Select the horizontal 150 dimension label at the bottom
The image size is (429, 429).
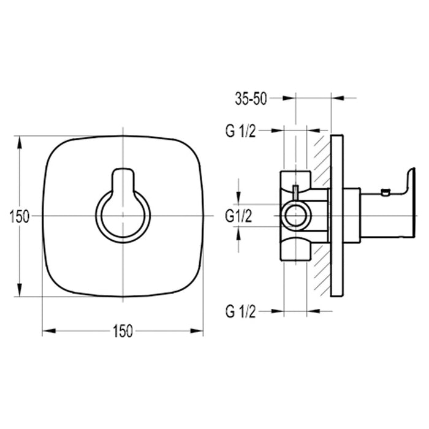123,331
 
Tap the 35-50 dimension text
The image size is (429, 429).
250,99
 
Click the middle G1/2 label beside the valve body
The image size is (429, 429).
239,216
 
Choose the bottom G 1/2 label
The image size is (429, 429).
239,311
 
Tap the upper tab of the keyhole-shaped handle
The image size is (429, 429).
123,178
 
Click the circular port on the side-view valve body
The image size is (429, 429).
296,216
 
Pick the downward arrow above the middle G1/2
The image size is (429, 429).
239,197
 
